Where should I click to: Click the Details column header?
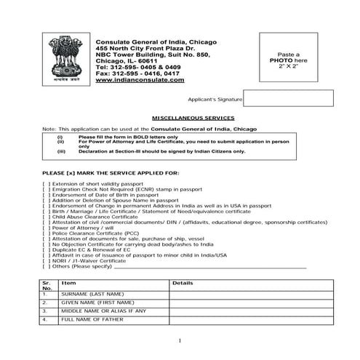(x=183, y=282)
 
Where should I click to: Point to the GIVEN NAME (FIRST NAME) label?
(x=97, y=303)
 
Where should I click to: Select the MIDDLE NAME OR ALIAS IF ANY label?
(x=104, y=311)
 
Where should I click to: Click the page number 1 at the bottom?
(x=180, y=340)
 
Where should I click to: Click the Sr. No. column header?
(x=47, y=284)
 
